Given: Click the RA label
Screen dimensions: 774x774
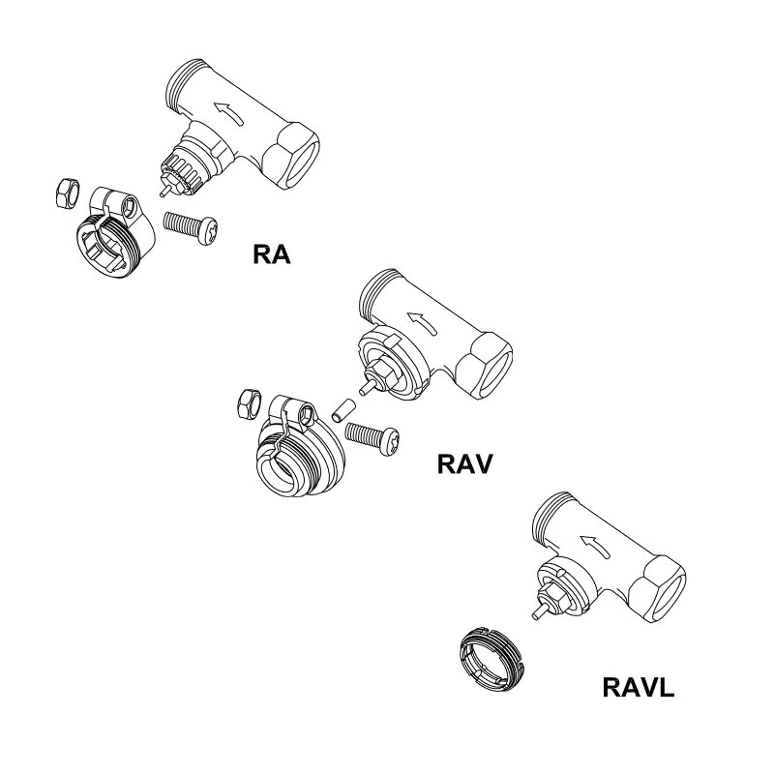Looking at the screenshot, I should pyautogui.click(x=271, y=255).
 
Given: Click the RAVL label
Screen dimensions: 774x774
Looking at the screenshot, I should pyautogui.click(x=638, y=689).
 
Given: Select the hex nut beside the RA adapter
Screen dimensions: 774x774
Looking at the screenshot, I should pyautogui.click(x=65, y=193).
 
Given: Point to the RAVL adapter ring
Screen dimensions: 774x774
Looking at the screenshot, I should pyautogui.click(x=491, y=657).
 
